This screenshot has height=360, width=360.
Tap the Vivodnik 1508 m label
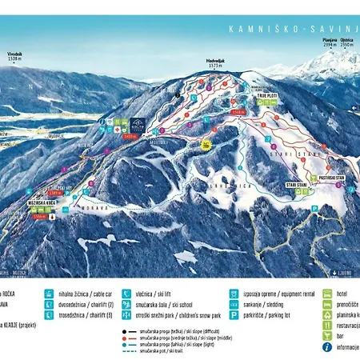[14, 57]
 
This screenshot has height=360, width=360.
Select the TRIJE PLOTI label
[266, 94]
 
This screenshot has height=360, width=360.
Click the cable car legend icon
[50, 294]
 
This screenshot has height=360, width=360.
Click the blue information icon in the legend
[327, 346]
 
